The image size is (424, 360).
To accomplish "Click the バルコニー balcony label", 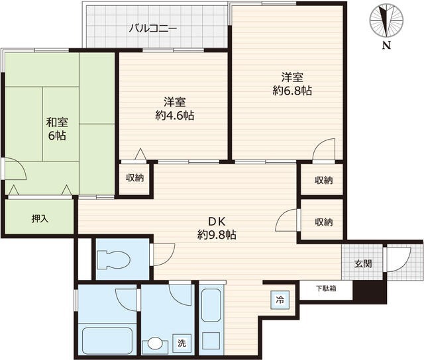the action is click(x=153, y=28).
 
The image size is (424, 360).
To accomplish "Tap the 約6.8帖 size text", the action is click(x=292, y=91).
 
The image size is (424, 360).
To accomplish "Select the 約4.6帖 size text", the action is click(x=175, y=115).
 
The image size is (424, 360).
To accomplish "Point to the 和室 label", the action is click(x=57, y=122).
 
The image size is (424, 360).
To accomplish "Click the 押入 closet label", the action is click(x=40, y=218).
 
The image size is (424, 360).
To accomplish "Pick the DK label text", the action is click(x=217, y=222).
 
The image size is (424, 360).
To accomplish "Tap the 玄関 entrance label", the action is click(x=363, y=263).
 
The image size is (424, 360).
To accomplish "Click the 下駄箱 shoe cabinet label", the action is click(x=327, y=289).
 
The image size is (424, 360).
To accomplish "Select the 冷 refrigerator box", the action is click(x=280, y=300).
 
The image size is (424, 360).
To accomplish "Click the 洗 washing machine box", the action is click(x=182, y=343).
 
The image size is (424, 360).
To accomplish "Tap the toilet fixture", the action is click(x=113, y=260).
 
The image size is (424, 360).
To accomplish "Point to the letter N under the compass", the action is click(x=387, y=45).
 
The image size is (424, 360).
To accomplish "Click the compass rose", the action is click(x=387, y=21).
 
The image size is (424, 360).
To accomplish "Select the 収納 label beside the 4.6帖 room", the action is click(x=134, y=178).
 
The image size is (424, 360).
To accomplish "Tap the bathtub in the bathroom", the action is click(x=107, y=340).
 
